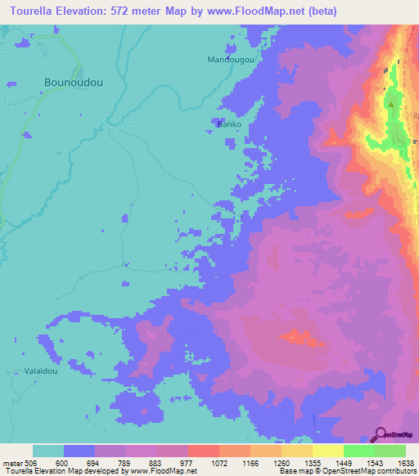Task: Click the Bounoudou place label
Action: [x=73, y=83]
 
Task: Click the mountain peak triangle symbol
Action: [x=391, y=105]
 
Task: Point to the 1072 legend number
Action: [x=219, y=462]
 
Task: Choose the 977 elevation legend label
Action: [x=187, y=462]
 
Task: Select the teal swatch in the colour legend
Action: [x=48, y=451]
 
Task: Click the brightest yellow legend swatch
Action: [x=327, y=451]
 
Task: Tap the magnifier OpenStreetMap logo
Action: [x=379, y=433]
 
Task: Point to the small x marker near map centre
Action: [x=126, y=263]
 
